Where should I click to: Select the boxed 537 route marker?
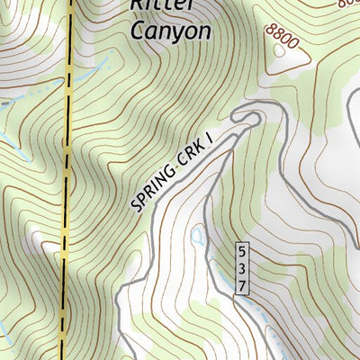tap(241, 267)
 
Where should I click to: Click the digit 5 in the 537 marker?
tap(241, 252)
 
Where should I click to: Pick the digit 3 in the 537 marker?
tap(241, 267)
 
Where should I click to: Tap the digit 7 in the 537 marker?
tap(241, 283)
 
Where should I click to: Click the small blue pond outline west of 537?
tap(197, 237)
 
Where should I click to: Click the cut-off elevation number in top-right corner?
tap(349, 4)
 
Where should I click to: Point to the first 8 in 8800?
tap(269, 31)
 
